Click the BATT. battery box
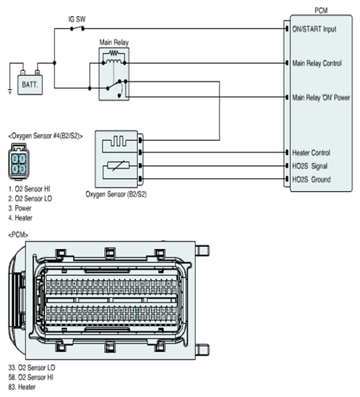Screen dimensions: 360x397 point(30,85)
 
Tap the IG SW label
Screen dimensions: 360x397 point(77,19)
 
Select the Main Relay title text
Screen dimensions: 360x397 point(114,42)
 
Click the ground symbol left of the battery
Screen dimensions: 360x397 point(10,91)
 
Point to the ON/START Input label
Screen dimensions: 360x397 point(314,29)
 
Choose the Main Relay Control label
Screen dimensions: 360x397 point(317,63)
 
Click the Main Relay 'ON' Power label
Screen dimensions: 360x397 point(321,98)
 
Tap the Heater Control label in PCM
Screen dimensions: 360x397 point(311,152)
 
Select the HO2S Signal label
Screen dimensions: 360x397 point(310,166)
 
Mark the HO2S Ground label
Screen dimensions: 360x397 point(311,180)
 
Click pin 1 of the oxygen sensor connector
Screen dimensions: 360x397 point(23,159)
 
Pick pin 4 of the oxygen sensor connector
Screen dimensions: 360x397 point(15,168)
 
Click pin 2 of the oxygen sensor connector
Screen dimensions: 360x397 point(15,159)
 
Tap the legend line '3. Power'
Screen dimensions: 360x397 point(20,208)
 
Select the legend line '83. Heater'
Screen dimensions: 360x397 point(22,387)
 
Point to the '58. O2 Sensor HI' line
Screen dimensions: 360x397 point(30,377)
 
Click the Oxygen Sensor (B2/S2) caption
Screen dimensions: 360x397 point(116,194)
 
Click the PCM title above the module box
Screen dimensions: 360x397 point(321,11)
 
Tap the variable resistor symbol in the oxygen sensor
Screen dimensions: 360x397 point(118,166)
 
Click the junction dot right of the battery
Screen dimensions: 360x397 point(54,62)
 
